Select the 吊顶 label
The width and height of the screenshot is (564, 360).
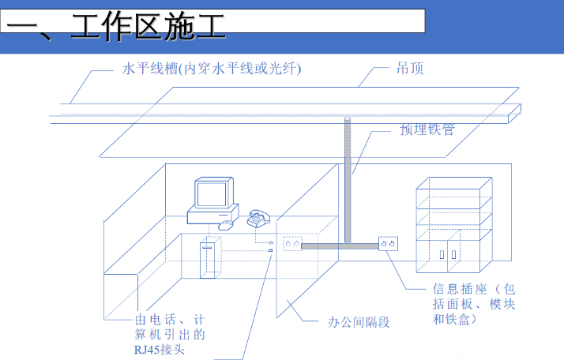coord(410,69)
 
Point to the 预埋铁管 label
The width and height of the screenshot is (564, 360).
coord(427,129)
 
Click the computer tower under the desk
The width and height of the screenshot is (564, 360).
coord(208,257)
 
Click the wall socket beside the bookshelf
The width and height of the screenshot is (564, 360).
coord(387,244)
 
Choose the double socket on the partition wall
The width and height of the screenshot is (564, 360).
coord(292,244)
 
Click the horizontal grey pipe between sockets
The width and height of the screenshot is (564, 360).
coord(340,245)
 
